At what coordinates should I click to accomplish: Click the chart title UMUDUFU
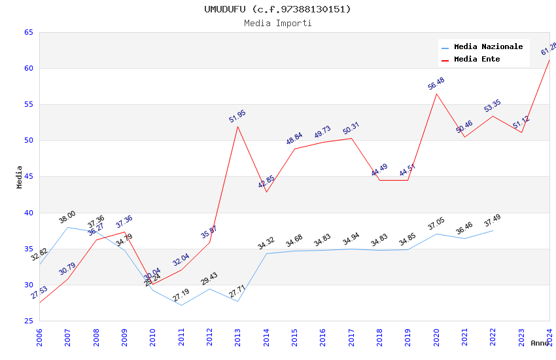click(277, 9)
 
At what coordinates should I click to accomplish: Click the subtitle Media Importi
click(277, 23)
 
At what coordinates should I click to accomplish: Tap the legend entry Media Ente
click(477, 60)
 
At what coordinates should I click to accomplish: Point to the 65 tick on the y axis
click(28, 33)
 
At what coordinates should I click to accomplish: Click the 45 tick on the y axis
click(28, 177)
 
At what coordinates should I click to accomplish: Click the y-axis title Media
click(20, 177)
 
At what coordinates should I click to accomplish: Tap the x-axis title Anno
click(540, 343)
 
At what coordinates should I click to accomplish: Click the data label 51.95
click(237, 117)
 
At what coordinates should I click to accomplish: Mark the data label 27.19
click(181, 295)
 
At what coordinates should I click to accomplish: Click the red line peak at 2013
click(237, 126)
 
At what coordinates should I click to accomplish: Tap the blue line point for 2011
click(181, 305)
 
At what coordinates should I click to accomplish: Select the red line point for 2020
click(436, 94)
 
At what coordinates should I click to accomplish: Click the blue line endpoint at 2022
click(493, 230)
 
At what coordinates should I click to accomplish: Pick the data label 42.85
click(266, 182)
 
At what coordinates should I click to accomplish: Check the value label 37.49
click(493, 221)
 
